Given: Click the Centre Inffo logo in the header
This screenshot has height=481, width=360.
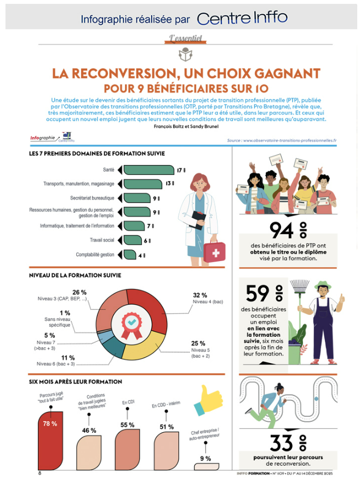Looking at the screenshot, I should point(242,19).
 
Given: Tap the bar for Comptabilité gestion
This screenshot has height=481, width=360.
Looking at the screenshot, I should point(129,254).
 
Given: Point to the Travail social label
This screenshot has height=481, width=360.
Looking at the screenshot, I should point(102,240).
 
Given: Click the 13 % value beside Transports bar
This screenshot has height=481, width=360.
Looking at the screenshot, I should point(169,184).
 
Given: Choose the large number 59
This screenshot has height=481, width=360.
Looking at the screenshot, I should point(258,294).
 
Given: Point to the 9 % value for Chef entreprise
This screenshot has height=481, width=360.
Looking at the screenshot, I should point(205,459).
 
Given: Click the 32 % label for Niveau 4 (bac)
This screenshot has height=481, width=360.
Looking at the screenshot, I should point(199,295).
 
